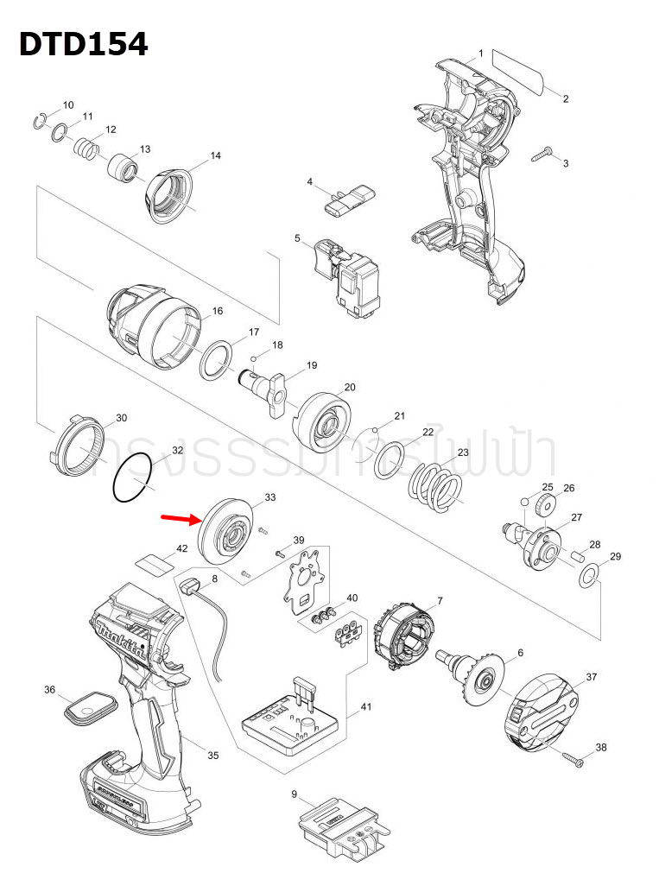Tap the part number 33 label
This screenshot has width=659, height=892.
[x=269, y=498]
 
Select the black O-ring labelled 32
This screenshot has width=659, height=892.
[x=132, y=481]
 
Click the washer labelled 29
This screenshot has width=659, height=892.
[x=588, y=576]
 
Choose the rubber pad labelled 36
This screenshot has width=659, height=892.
[x=90, y=710]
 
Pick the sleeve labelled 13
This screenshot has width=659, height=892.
[x=123, y=168]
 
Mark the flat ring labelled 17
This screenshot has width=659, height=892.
[x=218, y=359]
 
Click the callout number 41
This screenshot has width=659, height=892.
[x=365, y=707]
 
